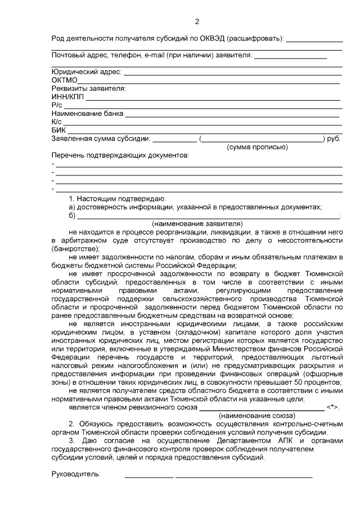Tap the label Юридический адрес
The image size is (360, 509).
click(86, 72)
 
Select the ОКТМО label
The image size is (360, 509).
click(64, 80)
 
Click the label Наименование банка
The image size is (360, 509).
click(87, 114)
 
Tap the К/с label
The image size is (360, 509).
click(57, 122)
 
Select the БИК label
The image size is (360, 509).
click(58, 130)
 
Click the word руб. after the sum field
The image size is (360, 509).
click(334, 138)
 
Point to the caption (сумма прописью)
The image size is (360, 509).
click(257, 147)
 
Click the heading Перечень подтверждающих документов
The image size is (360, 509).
click(120, 155)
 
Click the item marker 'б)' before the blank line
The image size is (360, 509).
click(72, 215)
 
